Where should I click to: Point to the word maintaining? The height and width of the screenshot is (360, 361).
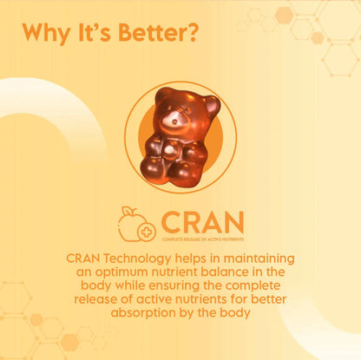pyautogui.click(x=260, y=259)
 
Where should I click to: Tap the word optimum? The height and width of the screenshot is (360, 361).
pyautogui.click(x=127, y=272)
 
